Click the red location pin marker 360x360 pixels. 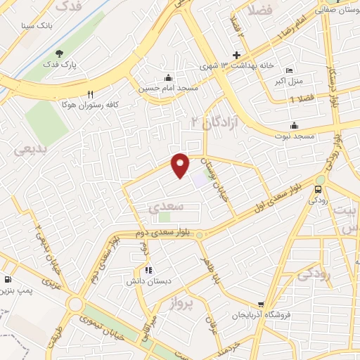click(181, 165)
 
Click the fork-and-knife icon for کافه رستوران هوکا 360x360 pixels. click(90, 94)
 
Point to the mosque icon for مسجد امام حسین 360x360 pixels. click(168, 77)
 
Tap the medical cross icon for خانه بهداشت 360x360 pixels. click(237, 56)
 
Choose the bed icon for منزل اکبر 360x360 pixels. click(289, 70)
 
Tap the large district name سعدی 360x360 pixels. click(167, 207)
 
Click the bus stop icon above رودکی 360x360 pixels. click(319, 188)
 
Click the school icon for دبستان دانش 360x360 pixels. click(148, 269)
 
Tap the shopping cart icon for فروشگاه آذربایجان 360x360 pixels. click(261, 304)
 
